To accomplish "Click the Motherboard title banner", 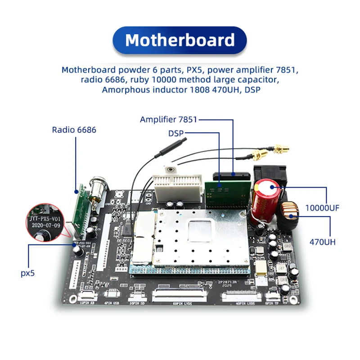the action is (x=180, y=40).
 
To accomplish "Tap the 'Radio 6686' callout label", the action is (x=74, y=130).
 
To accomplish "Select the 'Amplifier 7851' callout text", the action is (x=169, y=120).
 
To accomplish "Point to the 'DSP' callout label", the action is (x=176, y=133).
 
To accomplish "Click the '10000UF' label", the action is (x=322, y=208).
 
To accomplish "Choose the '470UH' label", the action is (x=322, y=242).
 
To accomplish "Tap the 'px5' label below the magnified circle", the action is (x=27, y=273).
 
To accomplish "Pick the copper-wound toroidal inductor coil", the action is (x=290, y=216).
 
